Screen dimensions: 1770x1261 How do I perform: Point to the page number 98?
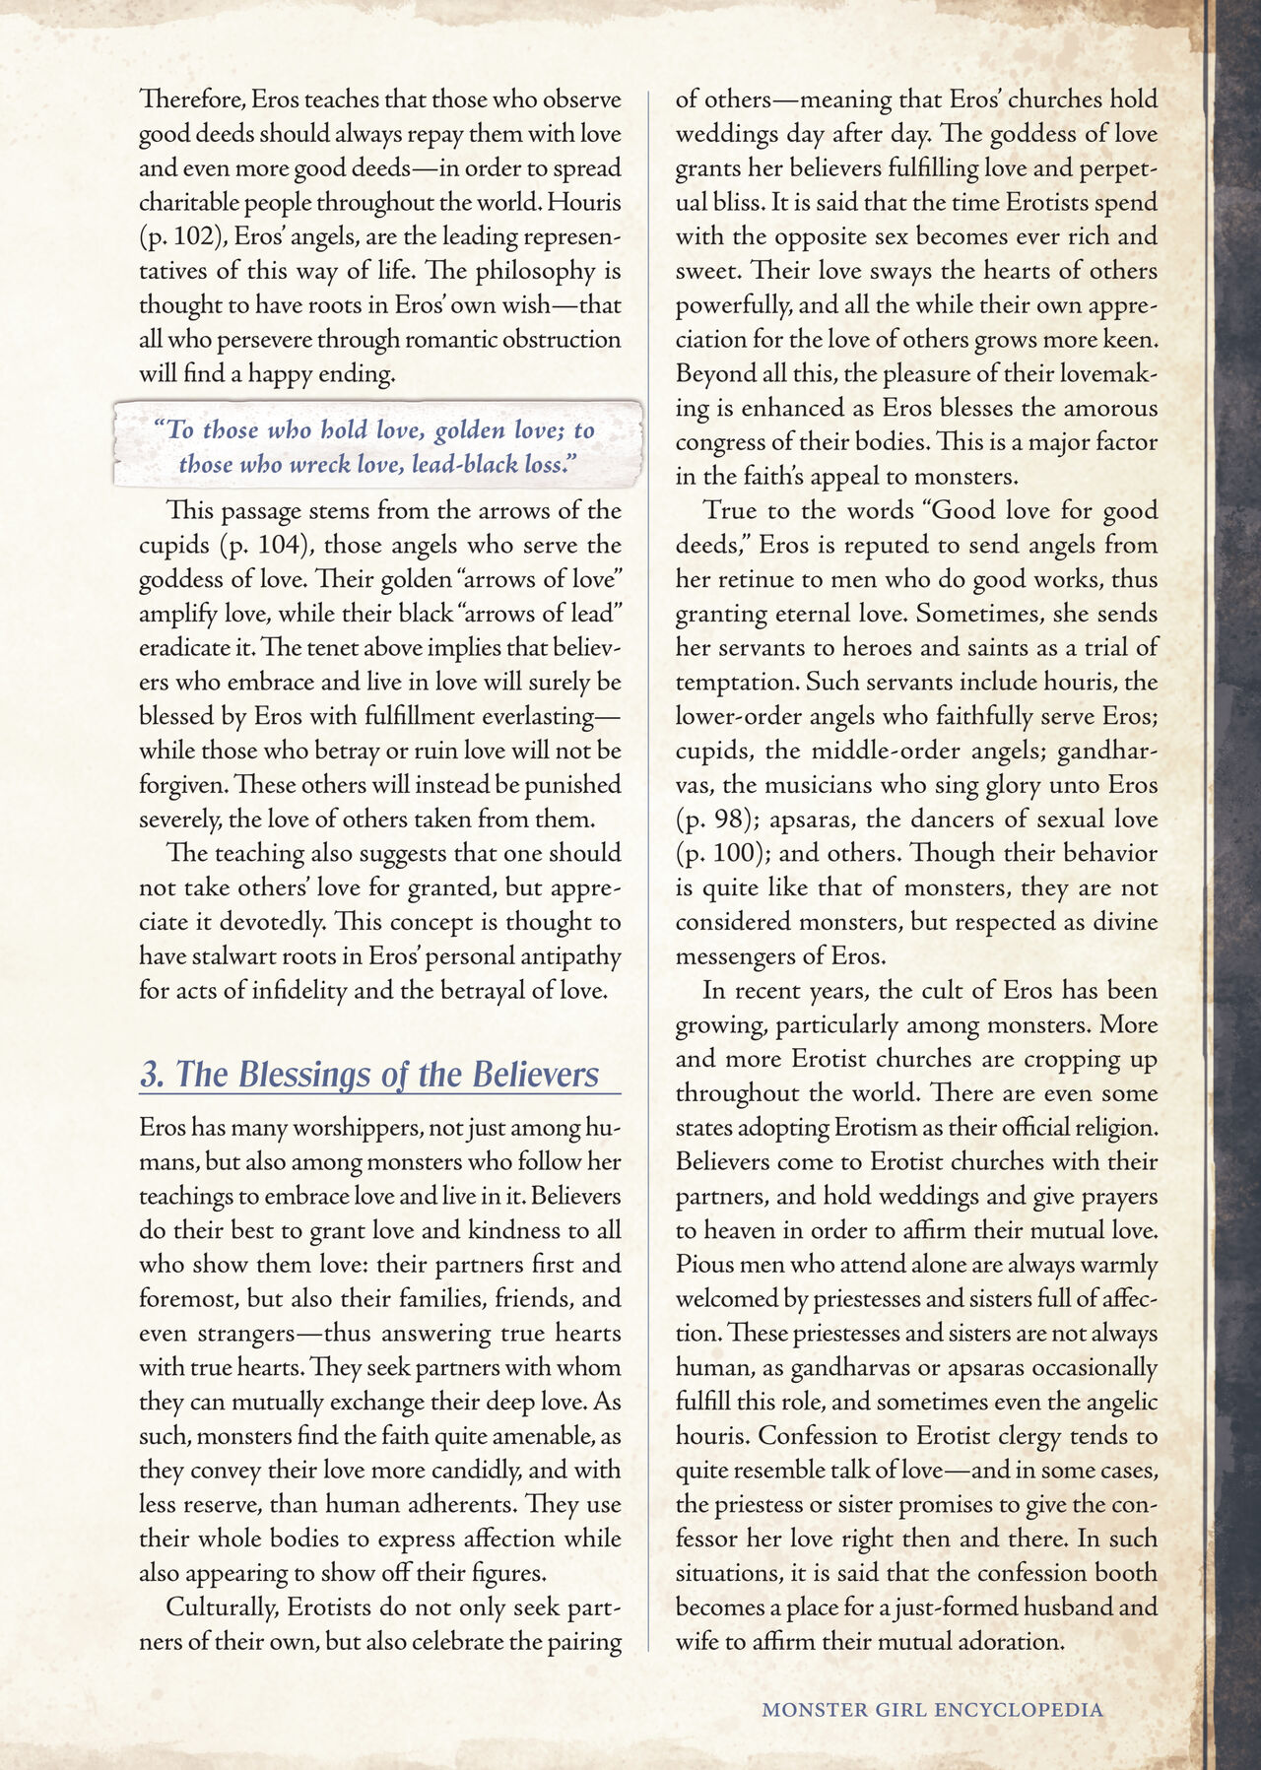tap(731, 819)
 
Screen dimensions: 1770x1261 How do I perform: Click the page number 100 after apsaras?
tap(731, 853)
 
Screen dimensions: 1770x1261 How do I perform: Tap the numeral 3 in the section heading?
tap(150, 1074)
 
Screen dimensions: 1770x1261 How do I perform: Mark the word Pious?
tap(703, 1264)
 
